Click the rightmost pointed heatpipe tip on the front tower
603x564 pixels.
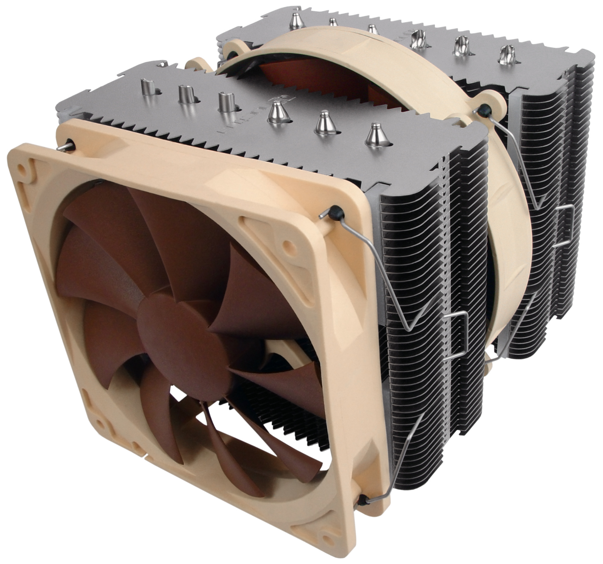(373, 131)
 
